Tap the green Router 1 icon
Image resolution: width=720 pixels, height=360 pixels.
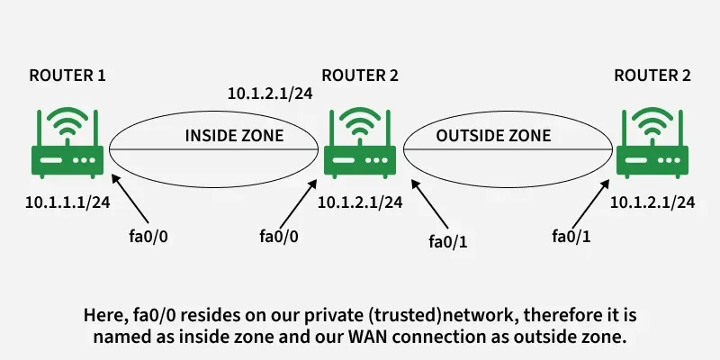point(67,144)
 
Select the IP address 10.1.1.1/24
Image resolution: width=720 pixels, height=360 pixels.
point(67,202)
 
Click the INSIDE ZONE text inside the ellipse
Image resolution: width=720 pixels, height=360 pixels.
point(234,136)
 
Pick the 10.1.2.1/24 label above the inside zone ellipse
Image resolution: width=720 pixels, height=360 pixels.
point(269,93)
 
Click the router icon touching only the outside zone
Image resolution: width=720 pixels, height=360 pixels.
point(652,144)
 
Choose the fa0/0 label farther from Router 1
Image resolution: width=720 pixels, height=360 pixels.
point(278,237)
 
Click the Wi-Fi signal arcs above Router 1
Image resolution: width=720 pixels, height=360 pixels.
point(67,119)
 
